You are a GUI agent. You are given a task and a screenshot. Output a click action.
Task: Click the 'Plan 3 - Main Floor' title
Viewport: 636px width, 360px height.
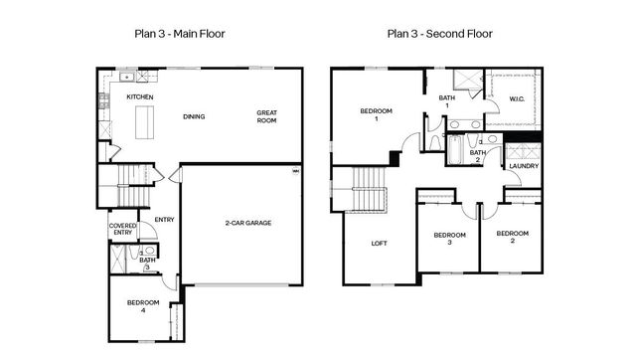coord(179,34)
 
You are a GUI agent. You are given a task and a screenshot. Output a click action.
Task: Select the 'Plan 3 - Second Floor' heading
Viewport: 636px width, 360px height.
coord(439,34)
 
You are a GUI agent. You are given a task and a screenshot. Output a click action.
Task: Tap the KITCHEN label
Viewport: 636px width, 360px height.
coord(139,96)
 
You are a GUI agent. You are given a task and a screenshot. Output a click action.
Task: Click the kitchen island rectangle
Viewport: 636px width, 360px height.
coord(145,121)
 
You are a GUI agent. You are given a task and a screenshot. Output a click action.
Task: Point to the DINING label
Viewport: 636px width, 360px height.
coord(194,116)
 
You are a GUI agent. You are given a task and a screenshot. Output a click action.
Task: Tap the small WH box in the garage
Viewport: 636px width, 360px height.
coord(294,172)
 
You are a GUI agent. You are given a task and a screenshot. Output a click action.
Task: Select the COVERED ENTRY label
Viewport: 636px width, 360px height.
coord(123,229)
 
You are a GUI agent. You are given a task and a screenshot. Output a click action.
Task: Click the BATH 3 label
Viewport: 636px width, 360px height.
coord(147,263)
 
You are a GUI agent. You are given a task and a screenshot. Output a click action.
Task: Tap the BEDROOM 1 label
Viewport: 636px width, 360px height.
coord(377,113)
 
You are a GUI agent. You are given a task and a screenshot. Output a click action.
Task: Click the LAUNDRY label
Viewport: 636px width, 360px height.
coord(523,166)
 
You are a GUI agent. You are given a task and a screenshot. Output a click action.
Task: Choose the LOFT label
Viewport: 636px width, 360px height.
coord(380,244)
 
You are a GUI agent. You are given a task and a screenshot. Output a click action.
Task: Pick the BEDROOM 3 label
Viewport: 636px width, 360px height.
coord(449,239)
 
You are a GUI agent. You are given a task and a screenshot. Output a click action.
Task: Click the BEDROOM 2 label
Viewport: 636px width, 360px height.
coord(512,236)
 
